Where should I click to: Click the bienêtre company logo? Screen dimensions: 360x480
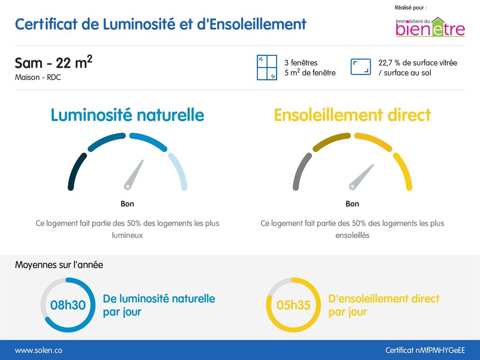[430, 27]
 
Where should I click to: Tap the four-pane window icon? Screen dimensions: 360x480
[267, 67]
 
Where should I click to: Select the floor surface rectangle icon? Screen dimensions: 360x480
[361, 67]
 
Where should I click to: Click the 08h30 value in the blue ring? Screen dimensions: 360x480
[68, 305]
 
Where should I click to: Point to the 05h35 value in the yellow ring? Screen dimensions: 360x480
[294, 305]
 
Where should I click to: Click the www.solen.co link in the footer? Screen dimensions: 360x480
[39, 350]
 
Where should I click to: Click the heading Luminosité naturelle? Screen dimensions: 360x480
[127, 115]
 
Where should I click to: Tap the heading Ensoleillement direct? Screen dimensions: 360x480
[352, 115]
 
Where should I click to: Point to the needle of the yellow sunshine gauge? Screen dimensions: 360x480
[361, 176]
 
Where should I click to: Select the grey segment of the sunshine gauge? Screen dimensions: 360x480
[301, 171]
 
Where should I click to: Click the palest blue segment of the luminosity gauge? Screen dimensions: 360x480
[179, 171]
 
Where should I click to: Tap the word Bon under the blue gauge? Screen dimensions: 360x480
[127, 204]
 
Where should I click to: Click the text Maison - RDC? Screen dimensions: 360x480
[38, 77]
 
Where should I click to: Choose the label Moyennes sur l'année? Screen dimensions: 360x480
[59, 265]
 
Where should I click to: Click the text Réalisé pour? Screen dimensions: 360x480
[411, 8]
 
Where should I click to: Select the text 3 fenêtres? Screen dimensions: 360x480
[301, 63]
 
